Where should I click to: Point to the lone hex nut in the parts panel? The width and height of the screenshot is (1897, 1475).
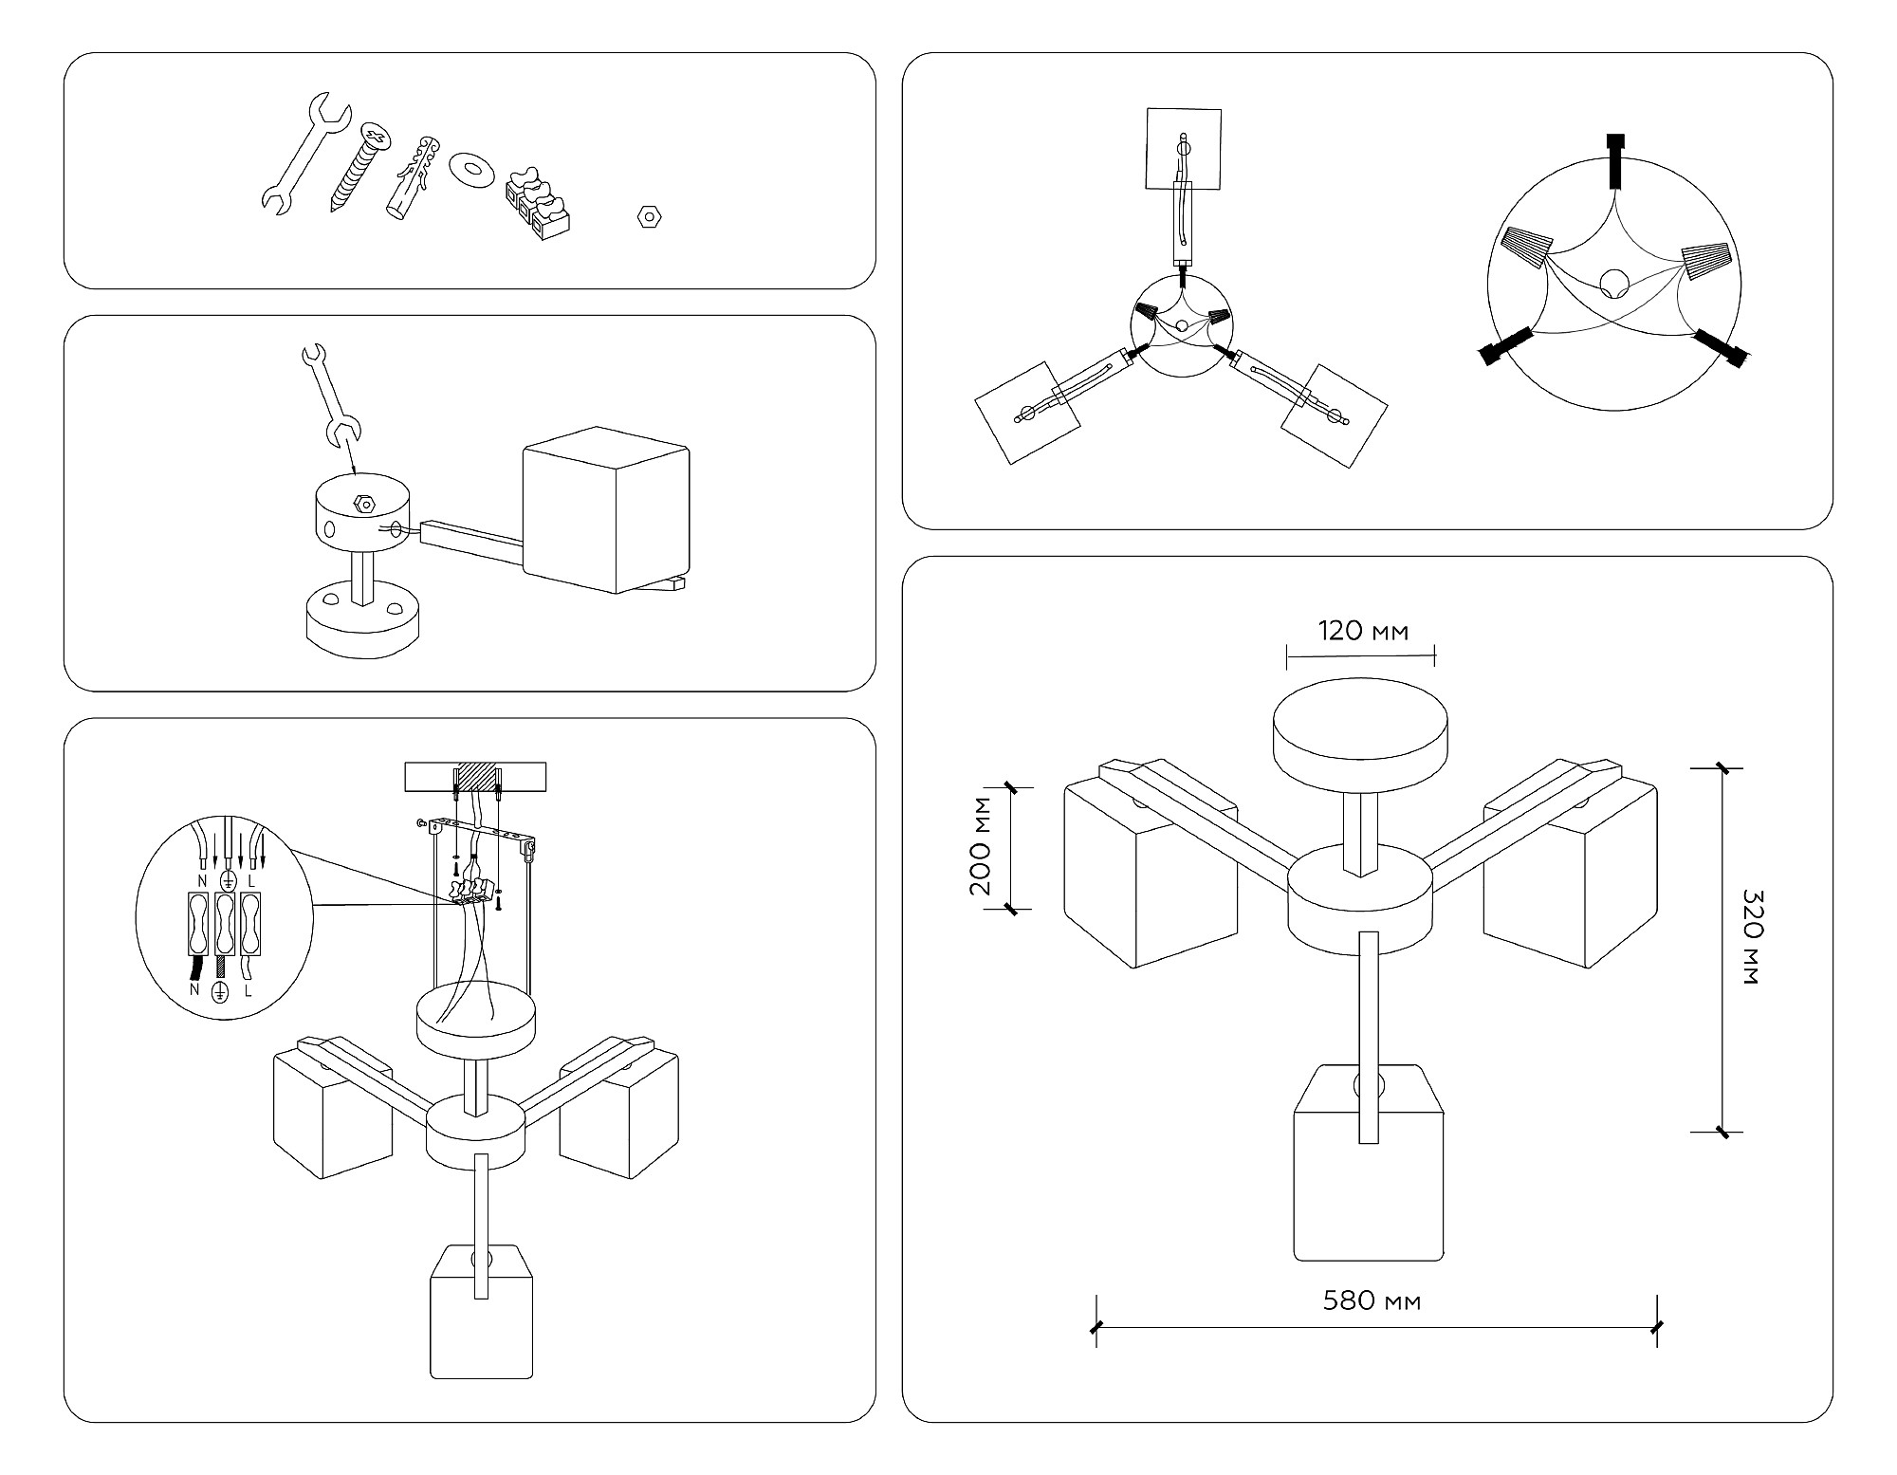[x=649, y=216]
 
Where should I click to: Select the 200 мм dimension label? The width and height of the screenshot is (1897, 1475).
[x=981, y=847]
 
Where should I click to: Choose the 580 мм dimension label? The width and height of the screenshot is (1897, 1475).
[x=1372, y=1300]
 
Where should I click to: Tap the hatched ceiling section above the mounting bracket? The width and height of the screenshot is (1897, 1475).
[x=476, y=776]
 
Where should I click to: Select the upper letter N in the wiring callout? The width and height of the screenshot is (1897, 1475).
[x=201, y=881]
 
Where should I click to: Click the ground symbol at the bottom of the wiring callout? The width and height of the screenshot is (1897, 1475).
[x=220, y=992]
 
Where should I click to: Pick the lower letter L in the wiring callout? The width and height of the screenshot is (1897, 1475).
[x=249, y=991]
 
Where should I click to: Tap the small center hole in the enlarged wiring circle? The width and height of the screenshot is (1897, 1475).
[x=1613, y=283]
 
